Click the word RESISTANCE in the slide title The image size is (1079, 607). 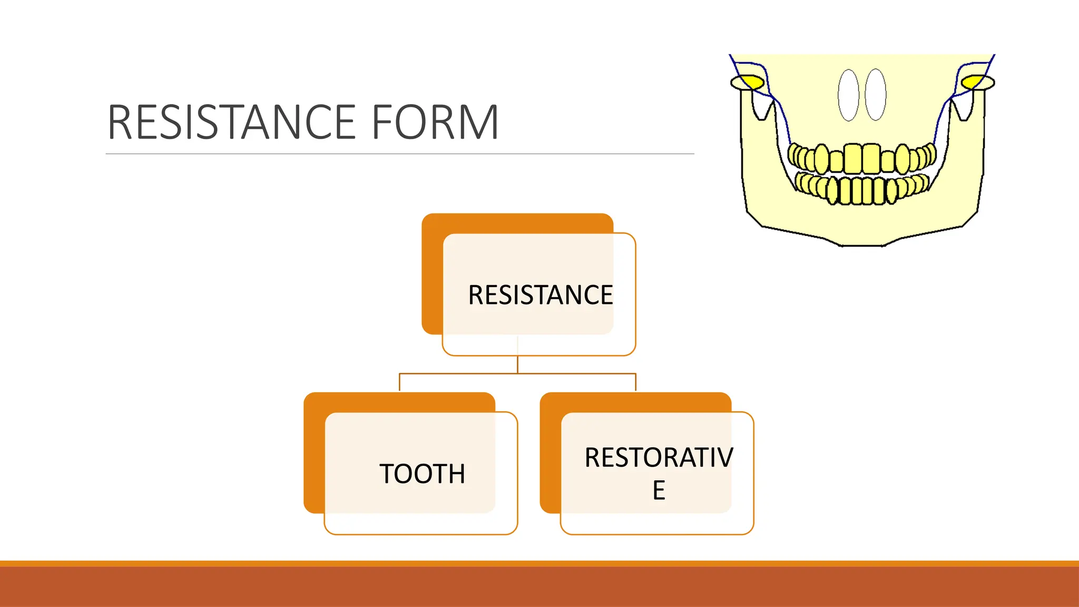232,122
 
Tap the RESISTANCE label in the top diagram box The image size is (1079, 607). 540,295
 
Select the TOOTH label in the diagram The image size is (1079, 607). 422,473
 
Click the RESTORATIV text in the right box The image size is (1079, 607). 658,457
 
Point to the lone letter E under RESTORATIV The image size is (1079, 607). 659,491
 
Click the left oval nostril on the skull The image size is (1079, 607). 848,95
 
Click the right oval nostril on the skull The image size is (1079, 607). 876,95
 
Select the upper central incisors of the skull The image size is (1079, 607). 862,158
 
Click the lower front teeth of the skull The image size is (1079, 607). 862,191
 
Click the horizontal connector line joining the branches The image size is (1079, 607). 458,374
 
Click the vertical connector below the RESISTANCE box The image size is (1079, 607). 517,364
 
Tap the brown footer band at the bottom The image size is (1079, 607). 539,586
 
